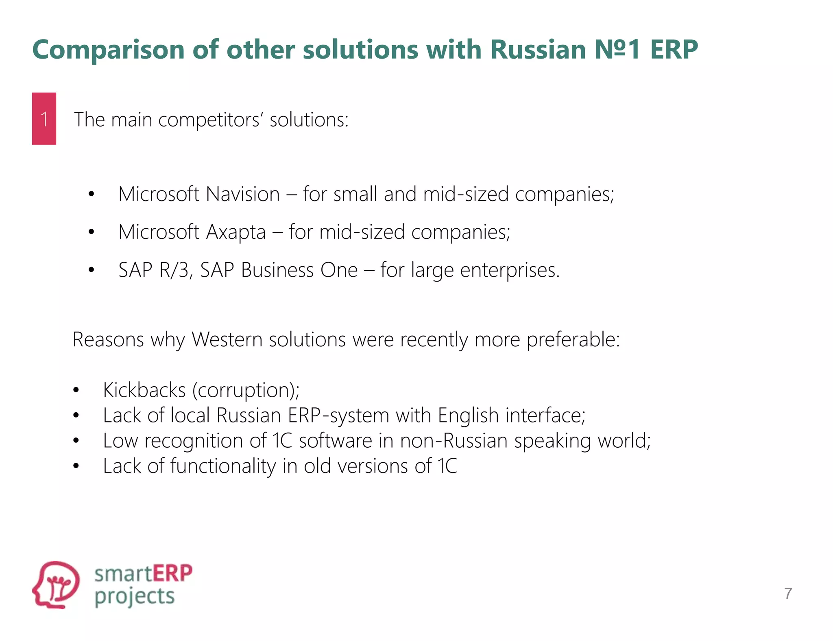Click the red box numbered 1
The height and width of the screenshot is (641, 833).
(x=44, y=118)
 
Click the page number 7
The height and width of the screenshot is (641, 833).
(x=788, y=593)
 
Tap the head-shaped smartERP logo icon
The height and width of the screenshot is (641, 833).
(x=56, y=584)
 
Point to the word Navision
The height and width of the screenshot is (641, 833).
(x=243, y=194)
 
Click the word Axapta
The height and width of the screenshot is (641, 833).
(x=236, y=232)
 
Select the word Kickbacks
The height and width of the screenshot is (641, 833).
(x=144, y=390)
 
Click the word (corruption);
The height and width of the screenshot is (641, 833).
(x=246, y=390)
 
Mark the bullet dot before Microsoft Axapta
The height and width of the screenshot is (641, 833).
(x=91, y=232)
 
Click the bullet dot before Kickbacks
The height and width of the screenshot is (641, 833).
(x=76, y=390)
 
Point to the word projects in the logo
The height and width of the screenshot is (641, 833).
(x=135, y=597)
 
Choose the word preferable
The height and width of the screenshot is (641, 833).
(x=573, y=339)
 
